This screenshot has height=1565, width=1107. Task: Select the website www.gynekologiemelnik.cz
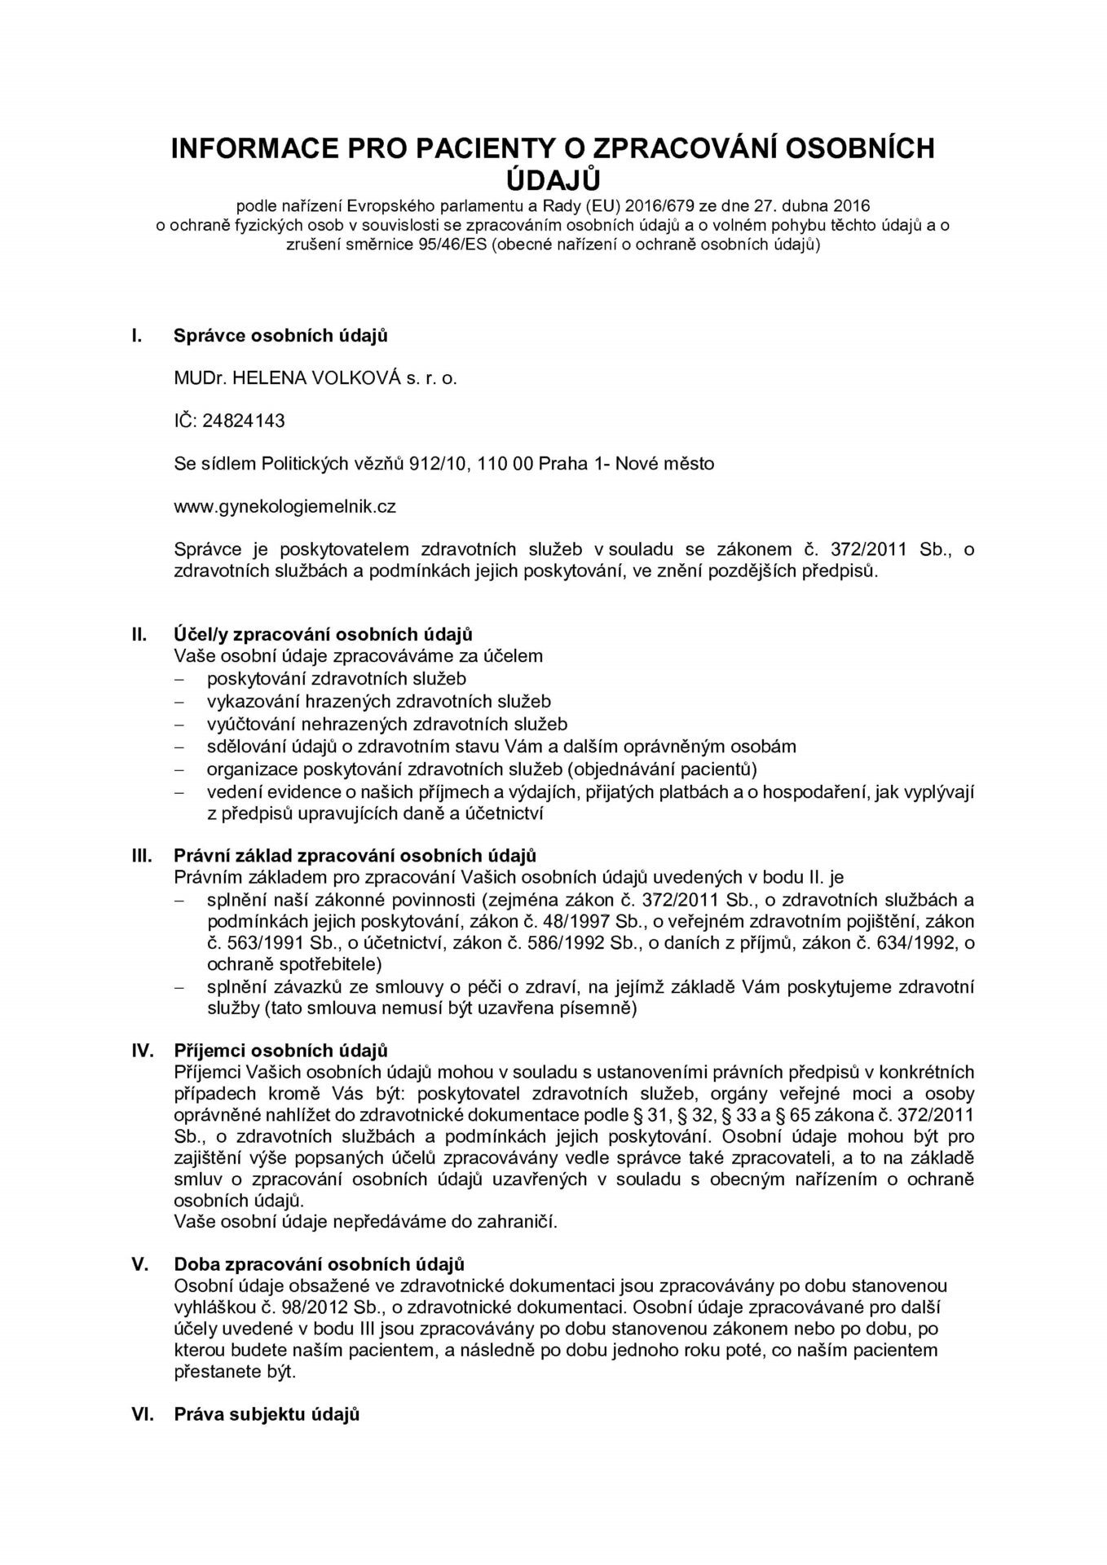[x=285, y=506]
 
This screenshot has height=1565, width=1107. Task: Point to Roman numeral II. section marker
[x=139, y=633]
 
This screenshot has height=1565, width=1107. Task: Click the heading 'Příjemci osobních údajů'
[x=281, y=1050]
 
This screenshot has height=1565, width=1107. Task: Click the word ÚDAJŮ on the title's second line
[x=553, y=178]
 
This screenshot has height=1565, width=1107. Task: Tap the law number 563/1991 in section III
[x=241, y=943]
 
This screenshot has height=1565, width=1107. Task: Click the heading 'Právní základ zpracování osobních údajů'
[x=355, y=856]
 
